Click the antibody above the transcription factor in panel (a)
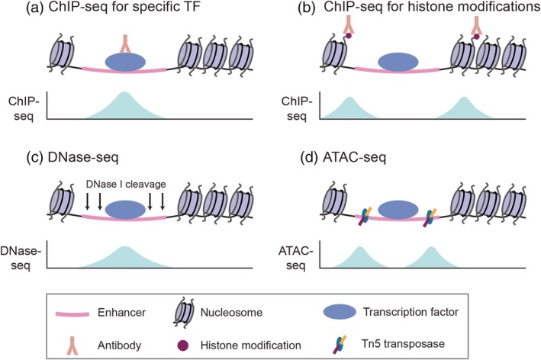(125, 44)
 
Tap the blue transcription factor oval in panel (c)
(125, 210)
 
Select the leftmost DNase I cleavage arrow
(87, 201)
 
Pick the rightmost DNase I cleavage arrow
(163, 201)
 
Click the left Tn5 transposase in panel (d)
(364, 216)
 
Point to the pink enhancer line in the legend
(72, 313)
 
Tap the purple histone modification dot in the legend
(182, 346)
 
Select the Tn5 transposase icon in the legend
(340, 345)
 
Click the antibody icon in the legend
(72, 346)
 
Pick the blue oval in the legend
(340, 312)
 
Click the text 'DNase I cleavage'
(126, 184)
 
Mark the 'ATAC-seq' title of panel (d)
(354, 158)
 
